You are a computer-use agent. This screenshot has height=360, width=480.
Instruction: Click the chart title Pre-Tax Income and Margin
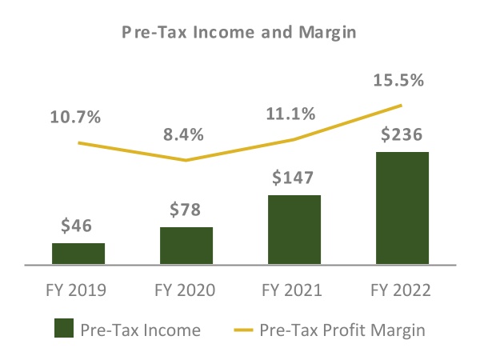pos(239,33)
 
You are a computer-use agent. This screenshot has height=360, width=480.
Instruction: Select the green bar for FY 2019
pos(78,253)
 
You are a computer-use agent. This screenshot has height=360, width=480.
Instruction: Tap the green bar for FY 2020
pos(186,245)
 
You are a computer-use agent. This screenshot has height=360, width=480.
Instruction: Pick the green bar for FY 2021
pos(294,229)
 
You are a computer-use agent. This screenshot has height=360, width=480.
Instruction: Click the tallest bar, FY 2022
pos(402,207)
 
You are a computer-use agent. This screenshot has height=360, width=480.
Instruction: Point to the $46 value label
pos(78,226)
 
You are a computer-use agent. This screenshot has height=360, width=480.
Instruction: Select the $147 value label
pos(294,177)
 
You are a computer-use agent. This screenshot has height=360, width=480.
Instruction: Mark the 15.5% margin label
pos(398,81)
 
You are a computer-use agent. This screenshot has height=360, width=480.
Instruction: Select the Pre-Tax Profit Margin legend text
pos(340,329)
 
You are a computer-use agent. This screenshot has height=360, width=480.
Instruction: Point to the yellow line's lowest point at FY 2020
pos(186,160)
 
